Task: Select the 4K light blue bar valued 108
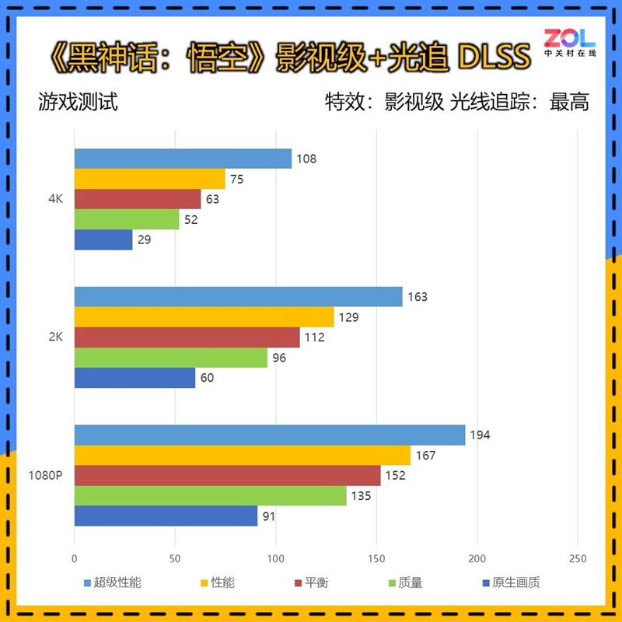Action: (183, 159)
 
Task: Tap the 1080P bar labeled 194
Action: (269, 435)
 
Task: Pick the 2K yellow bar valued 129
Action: (204, 317)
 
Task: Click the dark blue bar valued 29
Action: (103, 240)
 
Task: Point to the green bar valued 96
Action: (170, 358)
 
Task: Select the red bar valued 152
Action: (227, 475)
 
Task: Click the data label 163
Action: (418, 297)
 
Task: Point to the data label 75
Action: (236, 179)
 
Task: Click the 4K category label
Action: (55, 200)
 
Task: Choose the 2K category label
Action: (55, 337)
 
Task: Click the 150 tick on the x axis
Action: (376, 558)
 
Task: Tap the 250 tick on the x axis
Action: (577, 558)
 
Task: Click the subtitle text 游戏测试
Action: (78, 102)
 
